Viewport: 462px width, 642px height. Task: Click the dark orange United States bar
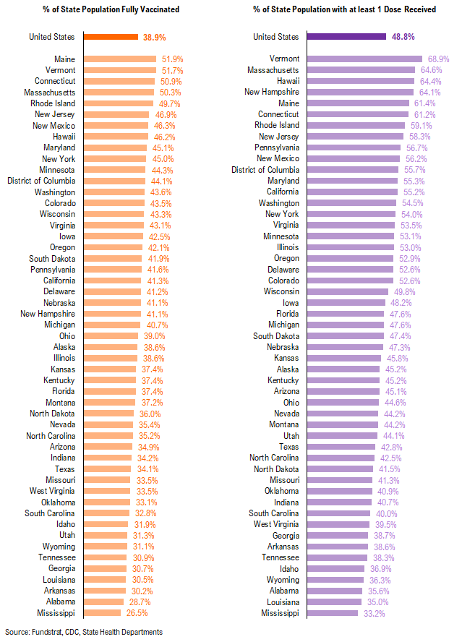coord(111,37)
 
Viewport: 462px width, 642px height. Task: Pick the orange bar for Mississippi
coord(103,613)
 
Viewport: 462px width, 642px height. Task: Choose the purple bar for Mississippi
coord(333,613)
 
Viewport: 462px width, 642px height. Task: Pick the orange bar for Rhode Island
coord(118,103)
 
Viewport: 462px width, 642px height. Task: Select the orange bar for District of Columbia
coord(114,181)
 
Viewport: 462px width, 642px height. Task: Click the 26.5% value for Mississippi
coord(137,613)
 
